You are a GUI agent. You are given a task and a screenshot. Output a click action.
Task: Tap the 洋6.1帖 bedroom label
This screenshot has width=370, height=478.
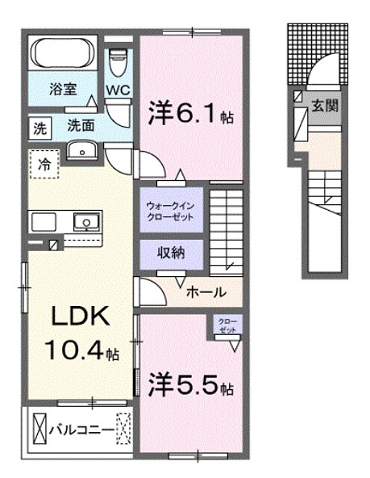(190, 115)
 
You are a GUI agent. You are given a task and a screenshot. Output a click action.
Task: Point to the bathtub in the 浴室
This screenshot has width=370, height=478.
(63, 55)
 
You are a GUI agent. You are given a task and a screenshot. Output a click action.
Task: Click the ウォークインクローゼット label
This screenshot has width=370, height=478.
(170, 211)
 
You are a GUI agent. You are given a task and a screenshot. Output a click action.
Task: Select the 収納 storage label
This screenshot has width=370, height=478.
(170, 253)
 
